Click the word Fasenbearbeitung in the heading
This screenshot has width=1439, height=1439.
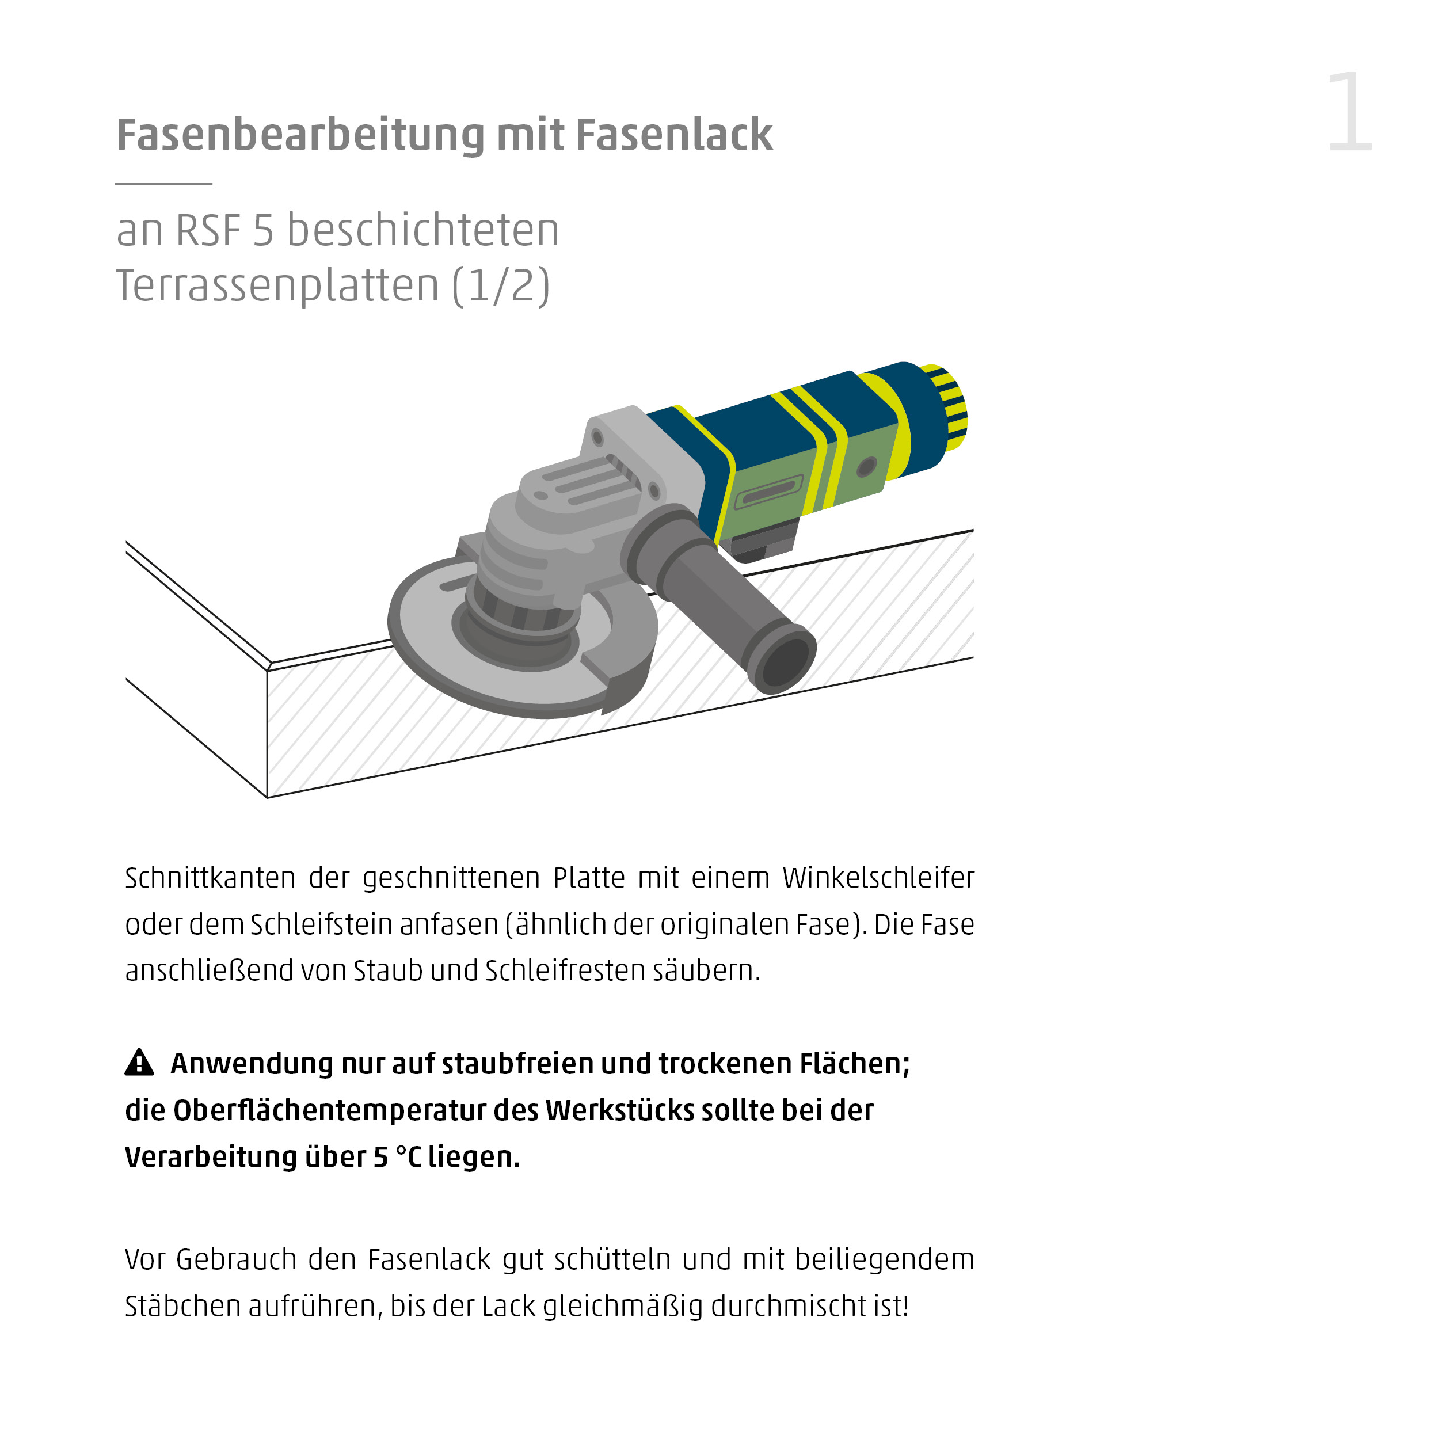300,136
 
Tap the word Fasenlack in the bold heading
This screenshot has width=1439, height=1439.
674,136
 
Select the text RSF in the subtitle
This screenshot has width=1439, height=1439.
208,230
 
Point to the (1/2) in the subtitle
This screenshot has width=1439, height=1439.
501,286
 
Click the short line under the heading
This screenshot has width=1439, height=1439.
164,183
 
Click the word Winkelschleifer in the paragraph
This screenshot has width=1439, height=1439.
877,878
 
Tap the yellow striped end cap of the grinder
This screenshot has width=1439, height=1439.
947,408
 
